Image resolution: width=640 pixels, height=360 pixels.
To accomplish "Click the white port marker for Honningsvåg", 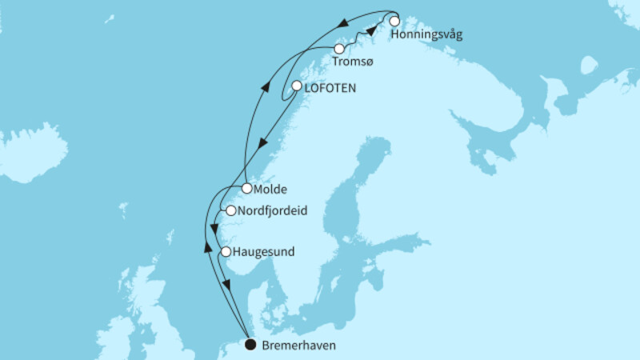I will click(x=394, y=22).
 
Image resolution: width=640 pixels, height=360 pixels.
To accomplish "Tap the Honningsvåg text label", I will click(x=427, y=35).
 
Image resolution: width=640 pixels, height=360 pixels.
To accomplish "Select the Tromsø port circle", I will click(x=339, y=49).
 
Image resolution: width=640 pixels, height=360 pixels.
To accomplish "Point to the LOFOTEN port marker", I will click(x=297, y=86).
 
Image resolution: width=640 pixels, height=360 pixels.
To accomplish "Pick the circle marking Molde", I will click(x=247, y=189).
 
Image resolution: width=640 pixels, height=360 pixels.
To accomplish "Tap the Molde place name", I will click(x=270, y=190).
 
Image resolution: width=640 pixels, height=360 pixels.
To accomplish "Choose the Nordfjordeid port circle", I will click(x=230, y=211).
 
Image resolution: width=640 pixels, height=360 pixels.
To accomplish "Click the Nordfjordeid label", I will click(x=274, y=211).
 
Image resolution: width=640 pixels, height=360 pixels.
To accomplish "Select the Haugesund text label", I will click(x=263, y=252).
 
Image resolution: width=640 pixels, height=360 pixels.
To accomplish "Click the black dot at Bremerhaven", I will click(x=250, y=345).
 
